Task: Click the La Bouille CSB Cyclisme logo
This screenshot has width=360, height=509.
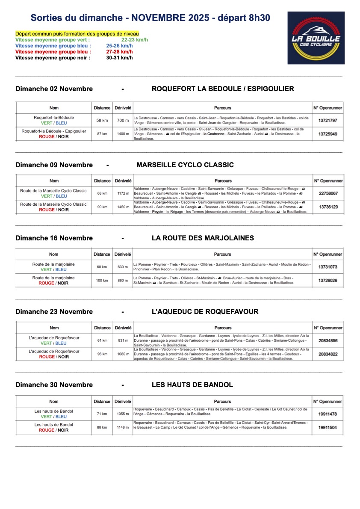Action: point(316,38)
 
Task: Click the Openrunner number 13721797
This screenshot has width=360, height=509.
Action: point(328,121)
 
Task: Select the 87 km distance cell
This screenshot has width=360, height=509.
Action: point(102,134)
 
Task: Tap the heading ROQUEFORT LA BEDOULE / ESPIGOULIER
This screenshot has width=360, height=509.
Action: point(223,89)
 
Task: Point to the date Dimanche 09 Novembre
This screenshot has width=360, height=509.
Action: point(54,165)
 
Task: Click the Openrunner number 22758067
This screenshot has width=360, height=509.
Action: point(328,193)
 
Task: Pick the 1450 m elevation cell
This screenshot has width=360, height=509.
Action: point(123,207)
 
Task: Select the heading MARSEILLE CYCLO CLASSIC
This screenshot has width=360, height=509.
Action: point(185,165)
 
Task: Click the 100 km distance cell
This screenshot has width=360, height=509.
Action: point(102,281)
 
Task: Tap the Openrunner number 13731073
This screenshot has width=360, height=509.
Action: point(328,267)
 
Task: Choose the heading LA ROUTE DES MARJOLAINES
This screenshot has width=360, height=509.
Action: point(203,238)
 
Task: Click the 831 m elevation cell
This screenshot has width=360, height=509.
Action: point(123,340)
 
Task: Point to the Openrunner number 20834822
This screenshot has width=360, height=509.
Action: point(328,354)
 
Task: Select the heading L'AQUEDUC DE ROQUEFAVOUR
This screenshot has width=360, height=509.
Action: point(205,311)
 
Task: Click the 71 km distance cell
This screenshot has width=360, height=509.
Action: point(102,414)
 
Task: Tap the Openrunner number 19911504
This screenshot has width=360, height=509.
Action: point(328,427)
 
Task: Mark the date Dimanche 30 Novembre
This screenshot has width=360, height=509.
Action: point(54,385)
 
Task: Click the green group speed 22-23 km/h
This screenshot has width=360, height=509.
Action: point(134,40)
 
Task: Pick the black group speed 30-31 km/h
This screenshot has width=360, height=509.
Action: point(119,58)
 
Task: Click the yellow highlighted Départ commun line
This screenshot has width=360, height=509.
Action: point(77,34)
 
